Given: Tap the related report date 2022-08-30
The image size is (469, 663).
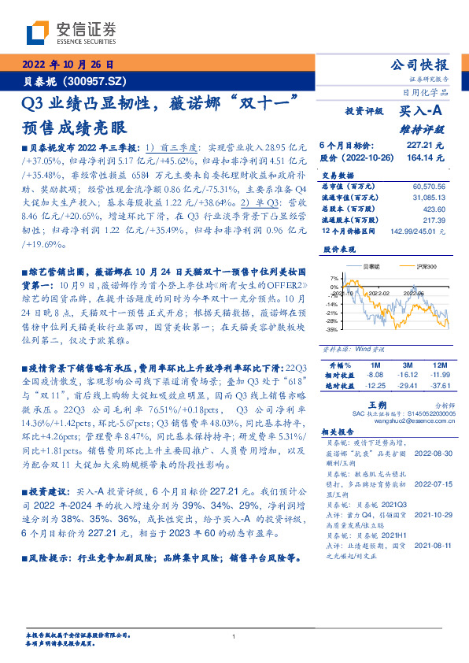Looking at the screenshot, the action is click(430, 454).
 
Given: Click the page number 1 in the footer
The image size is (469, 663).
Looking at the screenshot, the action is click(234, 636).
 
